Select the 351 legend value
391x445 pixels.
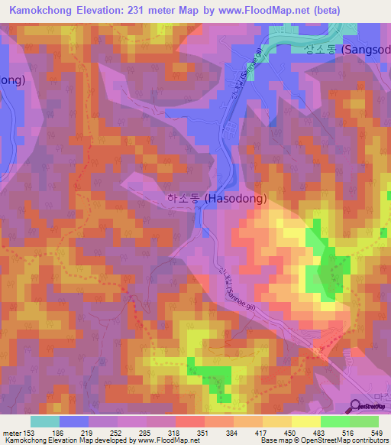(204, 433)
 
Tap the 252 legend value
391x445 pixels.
(117, 433)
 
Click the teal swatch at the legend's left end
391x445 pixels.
(44, 421)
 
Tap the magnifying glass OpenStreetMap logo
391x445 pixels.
(356, 407)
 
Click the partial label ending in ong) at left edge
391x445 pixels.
(13, 80)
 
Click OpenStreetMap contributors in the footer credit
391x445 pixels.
(342, 440)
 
